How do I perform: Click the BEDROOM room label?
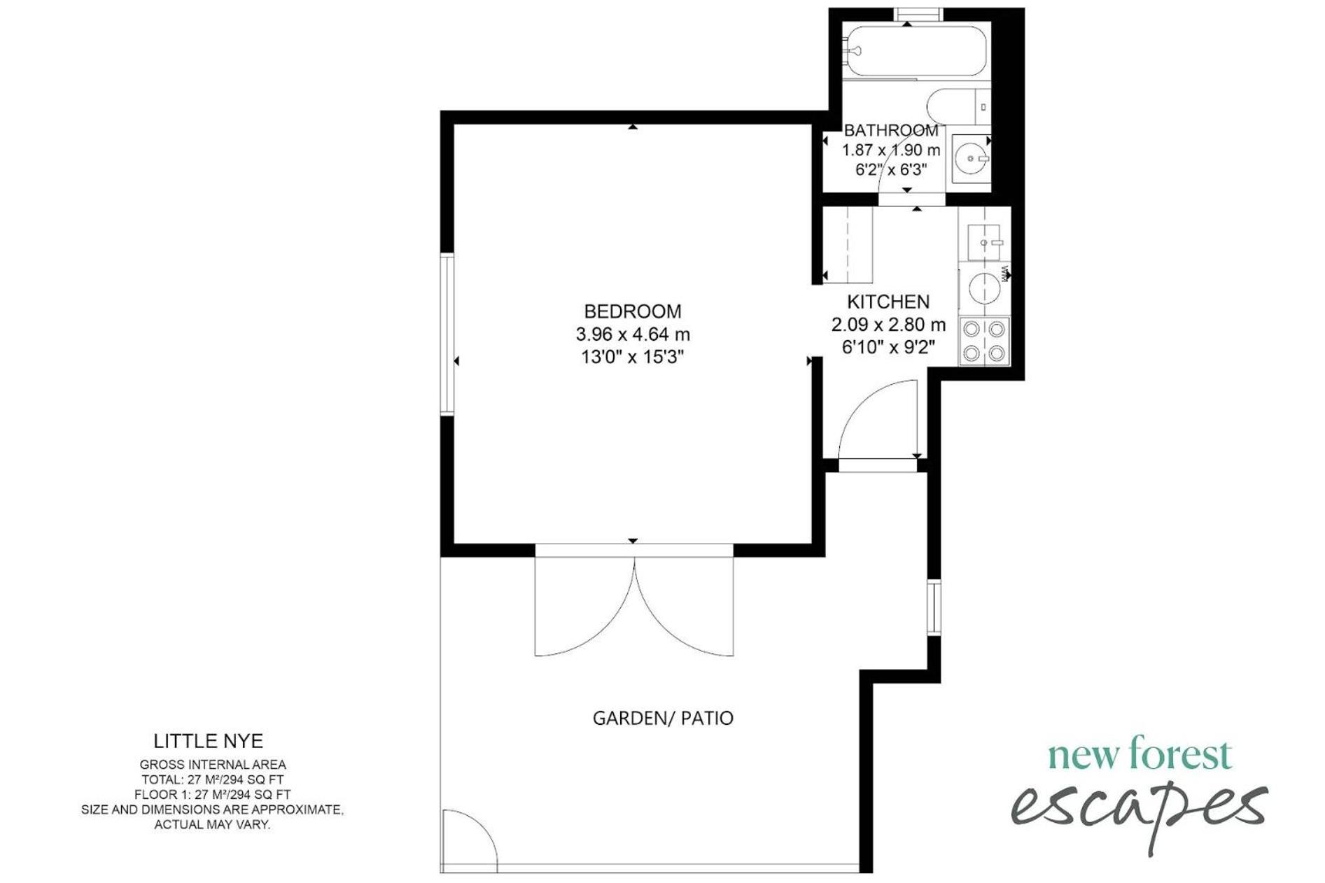pyautogui.click(x=632, y=311)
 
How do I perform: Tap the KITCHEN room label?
pyautogui.click(x=888, y=302)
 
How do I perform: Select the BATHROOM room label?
pyautogui.click(x=891, y=130)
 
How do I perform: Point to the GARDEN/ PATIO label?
pyautogui.click(x=663, y=718)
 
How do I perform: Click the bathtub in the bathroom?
pyautogui.click(x=914, y=50)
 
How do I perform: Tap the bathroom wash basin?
pyautogui.click(x=972, y=159)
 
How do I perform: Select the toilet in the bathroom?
pyautogui.click(x=958, y=107)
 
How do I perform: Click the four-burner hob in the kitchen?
pyautogui.click(x=984, y=341)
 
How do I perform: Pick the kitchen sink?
pyautogui.click(x=985, y=242)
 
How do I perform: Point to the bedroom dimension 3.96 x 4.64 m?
pyautogui.click(x=633, y=334)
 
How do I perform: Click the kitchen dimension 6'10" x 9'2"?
pyautogui.click(x=888, y=347)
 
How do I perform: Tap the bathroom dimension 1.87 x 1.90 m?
pyautogui.click(x=891, y=150)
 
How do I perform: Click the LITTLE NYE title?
pyautogui.click(x=209, y=741)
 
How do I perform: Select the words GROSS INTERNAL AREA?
pyautogui.click(x=213, y=765)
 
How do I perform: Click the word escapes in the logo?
pyautogui.click(x=1139, y=812)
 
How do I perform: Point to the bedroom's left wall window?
pyautogui.click(x=447, y=334)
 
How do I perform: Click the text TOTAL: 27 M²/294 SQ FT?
pyautogui.click(x=213, y=779)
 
